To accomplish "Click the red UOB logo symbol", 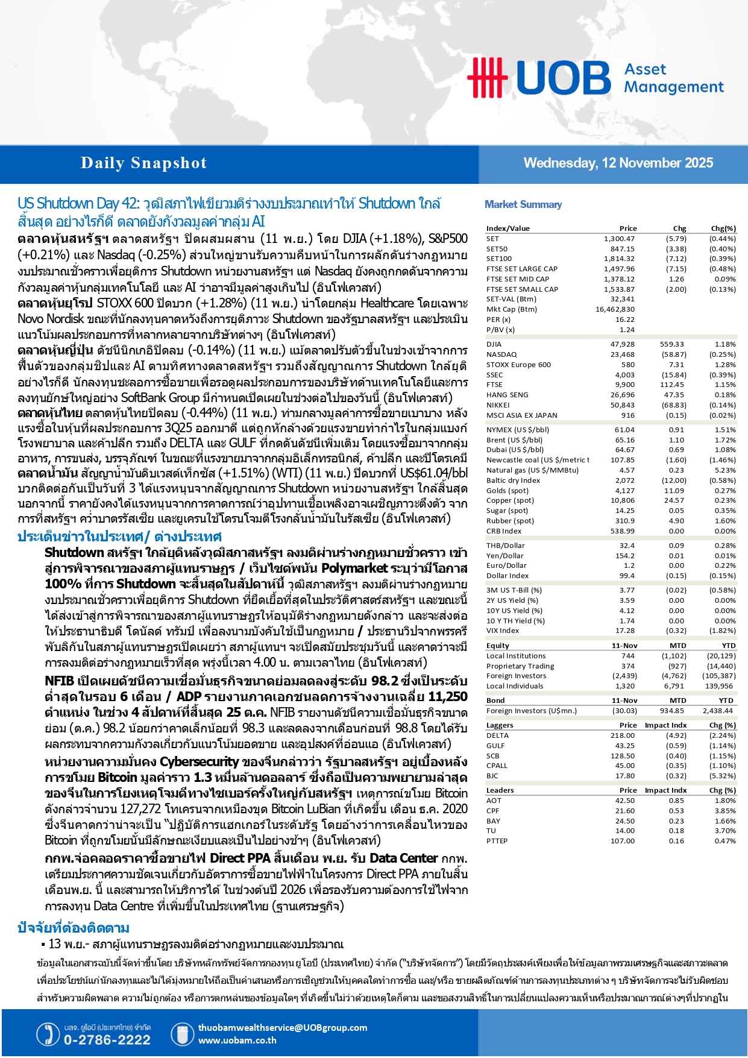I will (x=487, y=77).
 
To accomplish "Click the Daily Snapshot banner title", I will (x=143, y=163).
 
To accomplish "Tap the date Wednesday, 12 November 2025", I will (x=618, y=163).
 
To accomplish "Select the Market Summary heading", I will (x=523, y=204).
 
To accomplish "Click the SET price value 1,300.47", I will (x=619, y=239).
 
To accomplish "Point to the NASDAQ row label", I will (x=501, y=354).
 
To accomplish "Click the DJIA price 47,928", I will (x=623, y=344).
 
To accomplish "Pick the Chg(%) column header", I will (x=723, y=228).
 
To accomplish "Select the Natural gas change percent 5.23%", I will (x=725, y=470).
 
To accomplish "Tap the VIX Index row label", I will (x=503, y=631).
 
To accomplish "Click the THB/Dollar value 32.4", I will (x=627, y=546).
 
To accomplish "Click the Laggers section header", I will (x=500, y=725).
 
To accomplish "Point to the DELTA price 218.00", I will (x=623, y=735).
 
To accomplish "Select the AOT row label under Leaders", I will (x=494, y=801).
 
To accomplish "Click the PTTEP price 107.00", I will (x=623, y=841).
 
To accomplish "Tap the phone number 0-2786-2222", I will (x=107, y=1040).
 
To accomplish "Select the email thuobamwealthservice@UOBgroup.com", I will (x=283, y=1028).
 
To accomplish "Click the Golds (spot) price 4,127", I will (x=624, y=491).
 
